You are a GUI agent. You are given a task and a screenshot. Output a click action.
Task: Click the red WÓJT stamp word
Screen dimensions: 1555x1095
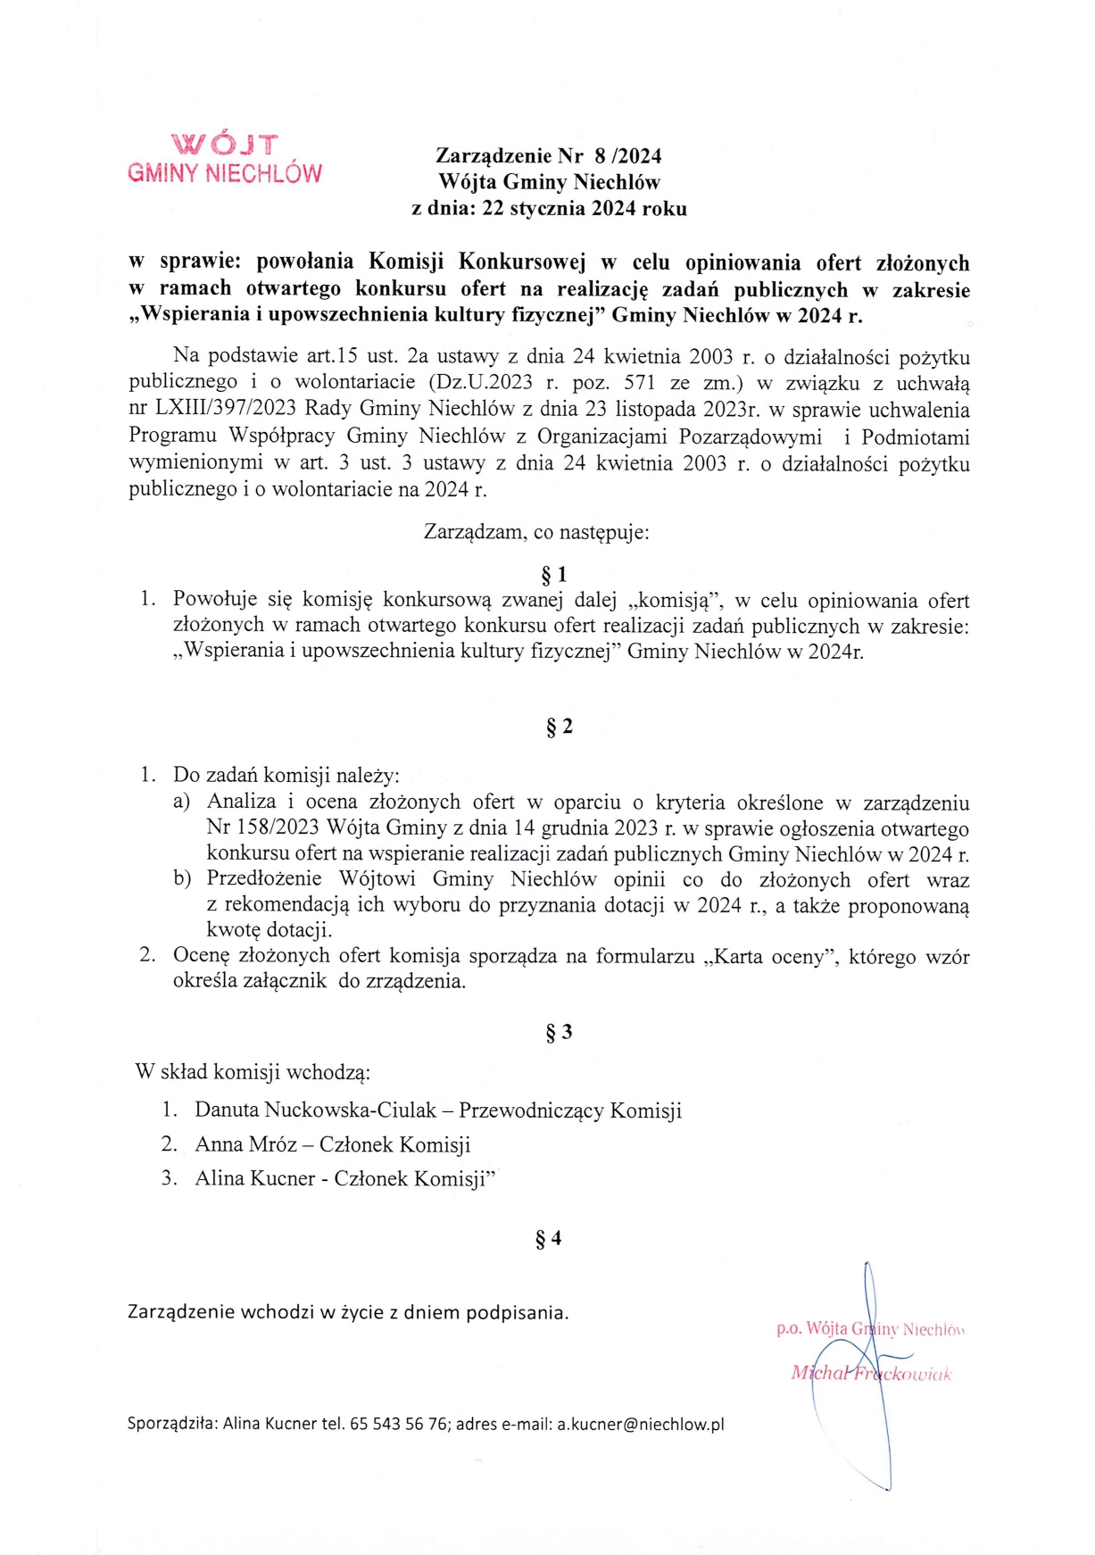tap(225, 145)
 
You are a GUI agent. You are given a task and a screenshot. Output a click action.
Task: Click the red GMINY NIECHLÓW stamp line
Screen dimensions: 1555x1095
tap(225, 173)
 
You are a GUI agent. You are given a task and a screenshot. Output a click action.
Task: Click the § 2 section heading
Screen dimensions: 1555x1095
tap(560, 727)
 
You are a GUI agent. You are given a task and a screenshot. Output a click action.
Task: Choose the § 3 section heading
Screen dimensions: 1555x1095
tap(560, 1033)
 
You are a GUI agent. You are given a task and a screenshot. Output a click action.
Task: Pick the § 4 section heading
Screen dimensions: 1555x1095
tap(548, 1238)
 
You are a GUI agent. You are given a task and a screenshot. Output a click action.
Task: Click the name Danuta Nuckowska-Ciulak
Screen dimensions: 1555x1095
tap(316, 1110)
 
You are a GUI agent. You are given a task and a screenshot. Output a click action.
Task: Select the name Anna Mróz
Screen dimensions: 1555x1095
tap(246, 1144)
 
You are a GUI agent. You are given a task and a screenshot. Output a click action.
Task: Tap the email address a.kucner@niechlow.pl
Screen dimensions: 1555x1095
tap(641, 1424)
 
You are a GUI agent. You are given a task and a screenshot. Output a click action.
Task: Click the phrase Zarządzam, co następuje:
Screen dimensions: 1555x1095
tap(536, 533)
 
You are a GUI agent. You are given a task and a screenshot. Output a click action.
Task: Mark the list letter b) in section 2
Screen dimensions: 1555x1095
tap(182, 879)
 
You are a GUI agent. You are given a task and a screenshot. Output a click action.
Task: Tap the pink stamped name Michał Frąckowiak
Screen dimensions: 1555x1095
tap(871, 1374)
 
